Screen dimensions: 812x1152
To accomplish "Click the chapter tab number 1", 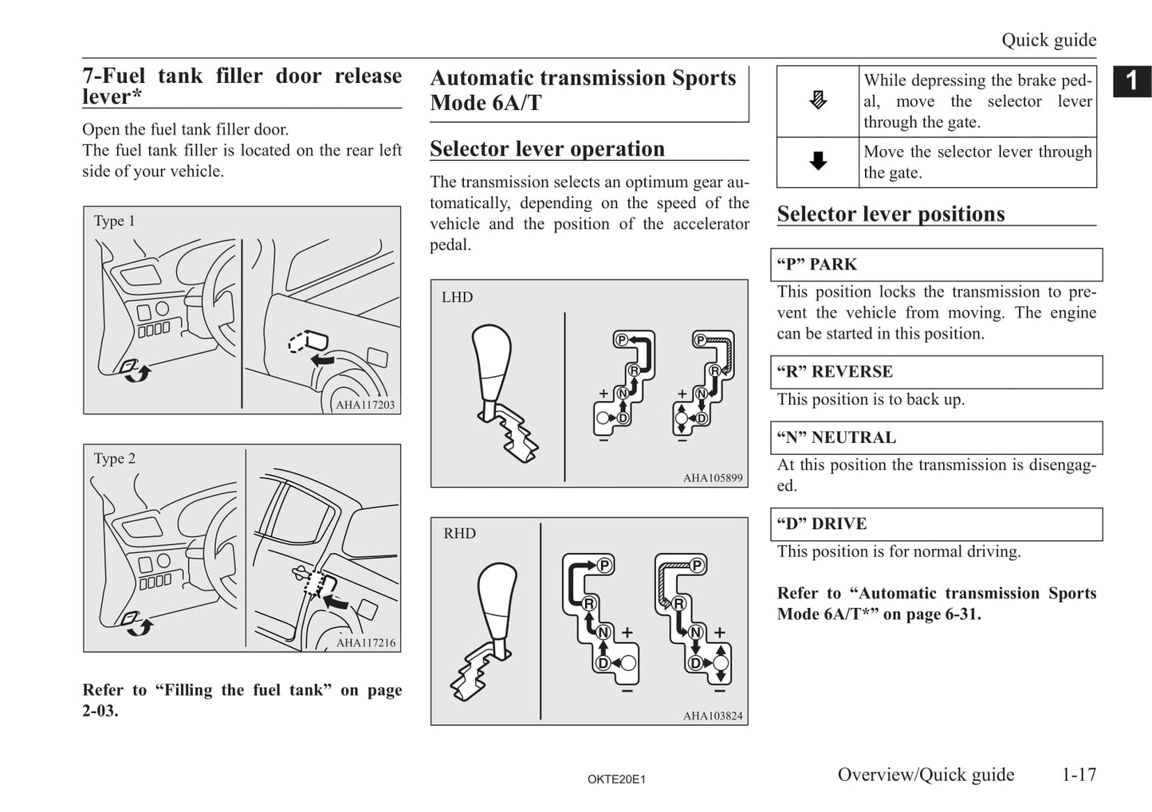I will [x=1131, y=80].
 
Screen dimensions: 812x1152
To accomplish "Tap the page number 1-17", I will [x=1079, y=775].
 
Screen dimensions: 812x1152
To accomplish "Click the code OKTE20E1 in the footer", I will [x=616, y=779].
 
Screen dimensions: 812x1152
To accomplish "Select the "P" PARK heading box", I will [x=936, y=265].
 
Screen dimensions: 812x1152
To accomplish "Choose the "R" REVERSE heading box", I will [x=936, y=372].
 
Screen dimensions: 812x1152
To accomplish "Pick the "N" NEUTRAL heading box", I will [x=936, y=437].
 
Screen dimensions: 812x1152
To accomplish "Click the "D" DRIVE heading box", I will [x=936, y=524].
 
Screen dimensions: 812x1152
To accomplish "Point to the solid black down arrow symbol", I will [x=818, y=162].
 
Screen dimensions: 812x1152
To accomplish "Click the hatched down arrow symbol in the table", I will [x=818, y=101].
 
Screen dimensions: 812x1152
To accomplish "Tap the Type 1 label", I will [x=115, y=221].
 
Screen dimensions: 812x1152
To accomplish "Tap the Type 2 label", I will [x=115, y=458].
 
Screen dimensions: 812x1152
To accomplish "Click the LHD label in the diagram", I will [x=457, y=297].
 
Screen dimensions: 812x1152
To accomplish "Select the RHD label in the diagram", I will [x=459, y=534].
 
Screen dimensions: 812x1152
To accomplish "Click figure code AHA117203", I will [x=365, y=405].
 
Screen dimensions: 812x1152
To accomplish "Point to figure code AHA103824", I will [x=713, y=716].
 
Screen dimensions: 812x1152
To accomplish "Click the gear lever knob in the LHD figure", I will [x=491, y=355].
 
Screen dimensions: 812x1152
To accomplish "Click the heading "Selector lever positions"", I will [x=891, y=214].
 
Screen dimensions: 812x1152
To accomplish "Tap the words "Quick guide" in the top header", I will [x=1048, y=40].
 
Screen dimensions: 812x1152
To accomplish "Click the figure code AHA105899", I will [x=713, y=478].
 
